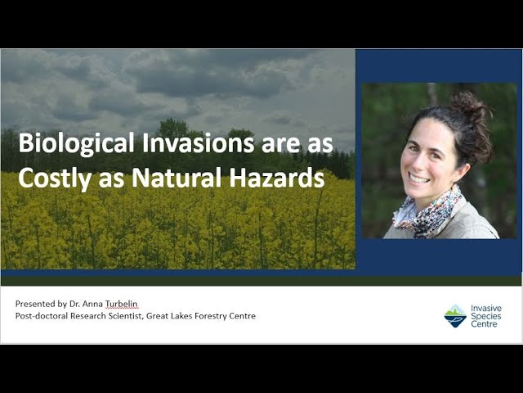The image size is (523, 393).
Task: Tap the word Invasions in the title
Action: point(198,142)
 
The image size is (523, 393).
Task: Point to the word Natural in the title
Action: point(177,178)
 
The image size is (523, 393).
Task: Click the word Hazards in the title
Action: point(277,178)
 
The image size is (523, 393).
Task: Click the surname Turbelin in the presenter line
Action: point(122,304)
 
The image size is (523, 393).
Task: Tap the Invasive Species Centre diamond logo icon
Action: point(455,316)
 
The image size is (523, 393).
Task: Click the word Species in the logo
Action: point(486,316)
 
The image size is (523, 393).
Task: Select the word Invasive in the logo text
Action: point(486,308)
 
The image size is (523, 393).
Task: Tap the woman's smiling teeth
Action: point(419,179)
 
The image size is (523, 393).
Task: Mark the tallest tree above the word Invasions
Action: point(172,128)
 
